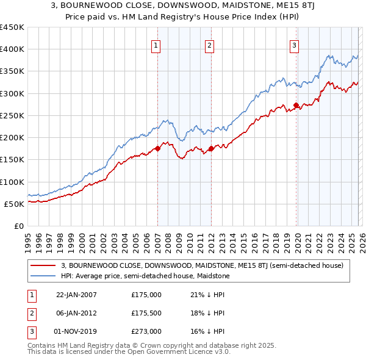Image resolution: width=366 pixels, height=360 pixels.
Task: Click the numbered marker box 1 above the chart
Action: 156,45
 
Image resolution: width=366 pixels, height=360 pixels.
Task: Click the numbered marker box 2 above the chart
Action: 209,45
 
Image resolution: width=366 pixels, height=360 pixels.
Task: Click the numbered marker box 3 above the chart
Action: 294,45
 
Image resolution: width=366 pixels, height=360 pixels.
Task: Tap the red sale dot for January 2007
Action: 157,148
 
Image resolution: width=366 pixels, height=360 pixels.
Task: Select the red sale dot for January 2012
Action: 211,148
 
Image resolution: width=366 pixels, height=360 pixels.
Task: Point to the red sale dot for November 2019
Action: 296,105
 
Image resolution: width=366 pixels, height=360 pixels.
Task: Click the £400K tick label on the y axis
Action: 12,49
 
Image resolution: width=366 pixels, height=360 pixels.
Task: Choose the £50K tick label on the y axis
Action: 15,204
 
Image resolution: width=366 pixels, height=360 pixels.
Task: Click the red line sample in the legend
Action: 43,265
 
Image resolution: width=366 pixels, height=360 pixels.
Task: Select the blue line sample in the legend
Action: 43,276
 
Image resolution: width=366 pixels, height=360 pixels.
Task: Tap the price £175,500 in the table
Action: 146,313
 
